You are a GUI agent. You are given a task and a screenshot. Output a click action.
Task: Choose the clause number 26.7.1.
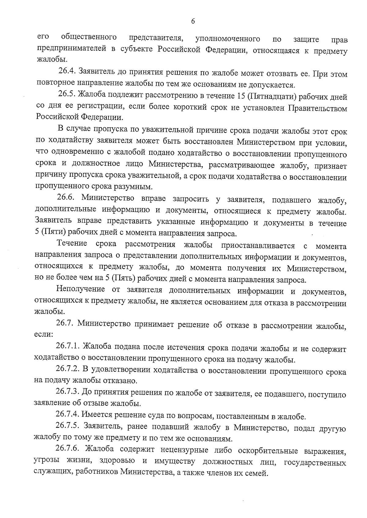(68, 346)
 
